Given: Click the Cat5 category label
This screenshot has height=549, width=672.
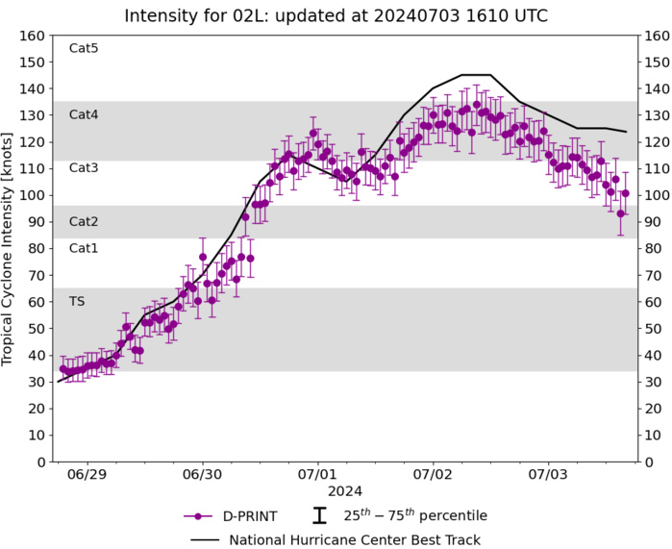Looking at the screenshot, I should point(84,48).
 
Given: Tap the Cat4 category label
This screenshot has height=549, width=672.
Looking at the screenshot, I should point(84,114).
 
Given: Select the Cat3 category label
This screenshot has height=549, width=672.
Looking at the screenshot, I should point(84,167).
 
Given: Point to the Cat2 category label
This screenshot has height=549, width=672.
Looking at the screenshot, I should point(84,221).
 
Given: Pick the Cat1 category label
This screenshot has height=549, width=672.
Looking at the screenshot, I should point(84,248).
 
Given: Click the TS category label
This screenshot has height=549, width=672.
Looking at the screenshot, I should point(77,301).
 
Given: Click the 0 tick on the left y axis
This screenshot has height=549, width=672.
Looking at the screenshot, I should point(40,462).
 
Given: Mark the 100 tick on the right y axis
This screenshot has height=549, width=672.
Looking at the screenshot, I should point(654,195).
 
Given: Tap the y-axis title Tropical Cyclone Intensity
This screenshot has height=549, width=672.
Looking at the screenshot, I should point(9,248).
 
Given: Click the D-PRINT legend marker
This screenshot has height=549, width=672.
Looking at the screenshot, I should point(197,515).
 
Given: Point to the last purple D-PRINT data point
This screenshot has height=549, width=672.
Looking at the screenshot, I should point(625,193).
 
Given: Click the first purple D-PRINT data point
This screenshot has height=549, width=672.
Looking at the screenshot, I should point(63,368).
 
